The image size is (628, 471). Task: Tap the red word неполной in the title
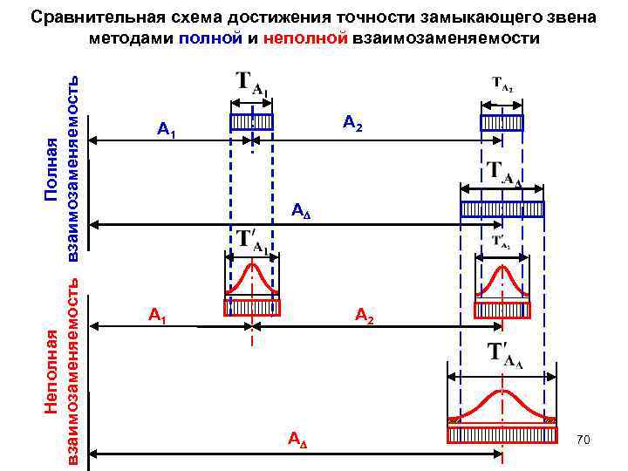304,38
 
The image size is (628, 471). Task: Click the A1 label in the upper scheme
167,131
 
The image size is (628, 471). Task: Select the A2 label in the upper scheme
352,123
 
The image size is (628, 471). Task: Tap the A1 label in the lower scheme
158,313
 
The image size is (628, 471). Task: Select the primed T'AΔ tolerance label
503,354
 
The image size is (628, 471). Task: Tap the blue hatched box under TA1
251,122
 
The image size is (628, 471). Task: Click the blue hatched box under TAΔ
502,208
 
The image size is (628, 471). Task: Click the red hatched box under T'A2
502,310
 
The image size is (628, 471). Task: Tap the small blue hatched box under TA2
502,122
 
